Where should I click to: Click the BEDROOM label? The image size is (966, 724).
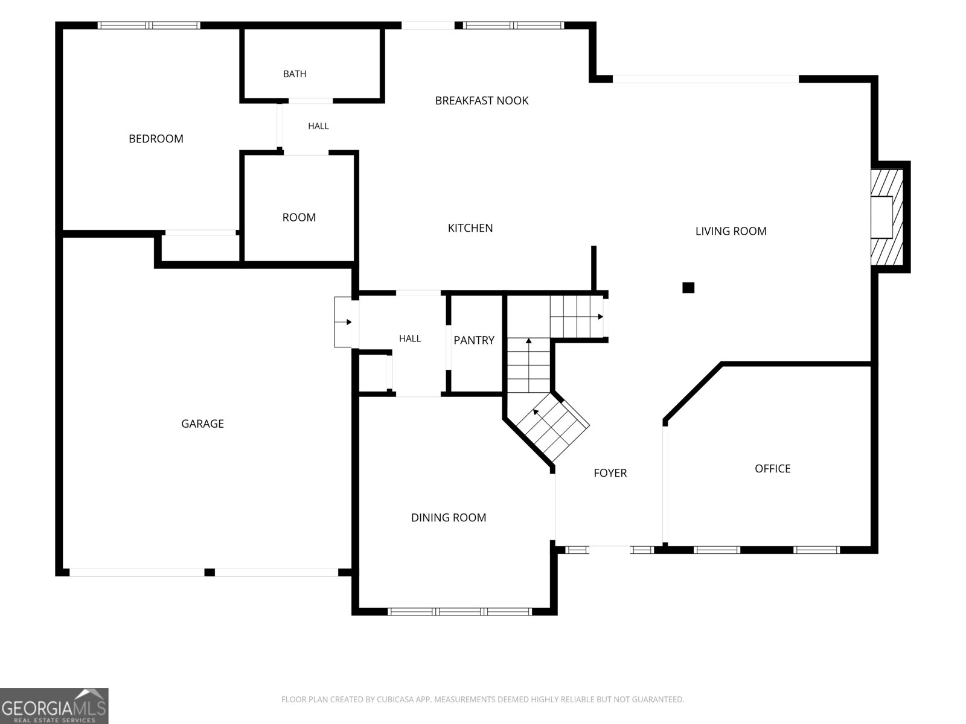point(156,139)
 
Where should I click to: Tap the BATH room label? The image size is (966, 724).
point(295,74)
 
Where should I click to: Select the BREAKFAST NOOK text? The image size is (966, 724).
point(481,101)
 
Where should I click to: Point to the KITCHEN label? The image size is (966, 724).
point(470,228)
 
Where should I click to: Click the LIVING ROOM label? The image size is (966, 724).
point(731,231)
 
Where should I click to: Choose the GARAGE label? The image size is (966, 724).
point(202,424)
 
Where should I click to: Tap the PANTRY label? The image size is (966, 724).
point(474,340)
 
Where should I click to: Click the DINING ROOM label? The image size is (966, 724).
point(449,518)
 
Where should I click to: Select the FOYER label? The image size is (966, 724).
point(610,473)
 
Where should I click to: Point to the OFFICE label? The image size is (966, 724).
point(772,469)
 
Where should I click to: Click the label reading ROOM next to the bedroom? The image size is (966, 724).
point(299,218)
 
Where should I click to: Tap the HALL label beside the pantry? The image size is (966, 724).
point(410,338)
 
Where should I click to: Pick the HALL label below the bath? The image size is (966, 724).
point(318,126)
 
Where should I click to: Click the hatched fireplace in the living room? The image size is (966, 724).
point(886,217)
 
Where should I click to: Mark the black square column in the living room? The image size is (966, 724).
point(688,288)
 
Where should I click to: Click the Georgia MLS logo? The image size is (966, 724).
point(54,705)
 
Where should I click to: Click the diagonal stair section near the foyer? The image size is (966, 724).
point(553,427)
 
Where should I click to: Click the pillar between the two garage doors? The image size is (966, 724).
point(210,573)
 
